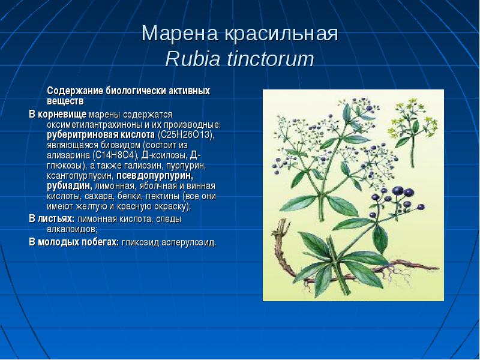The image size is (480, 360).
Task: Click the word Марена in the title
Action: click(180, 33)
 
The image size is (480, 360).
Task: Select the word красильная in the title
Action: click(281, 33)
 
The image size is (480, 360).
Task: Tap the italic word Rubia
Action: click(193, 59)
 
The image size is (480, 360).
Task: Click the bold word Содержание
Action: click(75, 91)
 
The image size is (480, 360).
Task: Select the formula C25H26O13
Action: click(185, 134)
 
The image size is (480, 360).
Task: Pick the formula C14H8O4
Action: click(115, 155)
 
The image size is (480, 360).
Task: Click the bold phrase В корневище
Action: click(58, 115)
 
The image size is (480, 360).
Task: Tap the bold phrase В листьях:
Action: click(52, 219)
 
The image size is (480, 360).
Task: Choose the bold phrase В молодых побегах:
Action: click(74, 242)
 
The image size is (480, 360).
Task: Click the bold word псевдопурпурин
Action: click(155, 176)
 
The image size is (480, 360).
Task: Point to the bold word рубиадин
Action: click(70, 186)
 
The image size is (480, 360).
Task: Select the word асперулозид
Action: click(188, 242)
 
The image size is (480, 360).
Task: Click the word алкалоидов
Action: click(72, 229)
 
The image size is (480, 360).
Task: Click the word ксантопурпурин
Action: click(80, 176)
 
